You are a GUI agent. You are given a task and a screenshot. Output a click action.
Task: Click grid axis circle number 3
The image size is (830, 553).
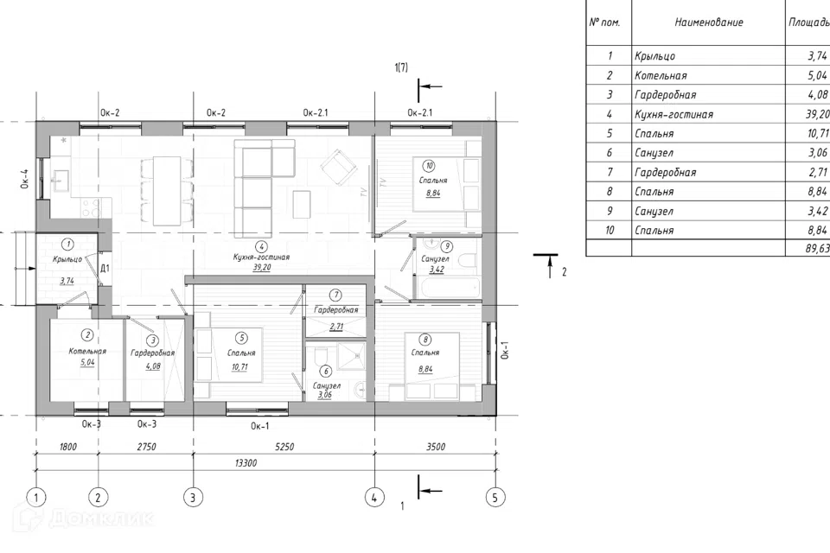[x=193, y=497]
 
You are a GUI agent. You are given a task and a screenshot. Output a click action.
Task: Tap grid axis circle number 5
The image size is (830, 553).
[x=495, y=497]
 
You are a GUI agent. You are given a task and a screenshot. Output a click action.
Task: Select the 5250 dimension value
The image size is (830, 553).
[x=284, y=447]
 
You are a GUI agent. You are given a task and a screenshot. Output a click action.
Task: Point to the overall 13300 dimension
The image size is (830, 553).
[x=246, y=463]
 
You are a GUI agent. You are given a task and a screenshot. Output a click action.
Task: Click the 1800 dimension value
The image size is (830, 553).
[x=68, y=447]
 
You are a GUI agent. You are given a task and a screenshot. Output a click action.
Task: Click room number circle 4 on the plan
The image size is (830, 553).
[x=261, y=246]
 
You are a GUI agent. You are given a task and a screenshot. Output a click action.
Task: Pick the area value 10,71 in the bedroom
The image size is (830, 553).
[x=239, y=366]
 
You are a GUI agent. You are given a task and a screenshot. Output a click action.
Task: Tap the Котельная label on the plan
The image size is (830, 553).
[x=87, y=351]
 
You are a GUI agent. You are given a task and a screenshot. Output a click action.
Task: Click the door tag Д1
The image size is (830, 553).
[x=105, y=269]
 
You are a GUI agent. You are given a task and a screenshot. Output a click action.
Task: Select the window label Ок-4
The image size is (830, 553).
[x=24, y=178]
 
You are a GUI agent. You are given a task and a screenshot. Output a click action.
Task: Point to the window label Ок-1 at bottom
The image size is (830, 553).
[x=260, y=426]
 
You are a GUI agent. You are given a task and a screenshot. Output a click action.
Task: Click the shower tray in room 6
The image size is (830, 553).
[x=352, y=356]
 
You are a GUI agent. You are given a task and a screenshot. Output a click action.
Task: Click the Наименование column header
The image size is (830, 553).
[x=709, y=22]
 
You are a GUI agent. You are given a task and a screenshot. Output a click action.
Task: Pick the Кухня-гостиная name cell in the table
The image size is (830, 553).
[x=674, y=114]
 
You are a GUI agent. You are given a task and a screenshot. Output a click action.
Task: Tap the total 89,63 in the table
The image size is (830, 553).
[x=817, y=248]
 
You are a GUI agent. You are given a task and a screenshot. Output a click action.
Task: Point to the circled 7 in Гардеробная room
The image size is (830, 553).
[x=335, y=295]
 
